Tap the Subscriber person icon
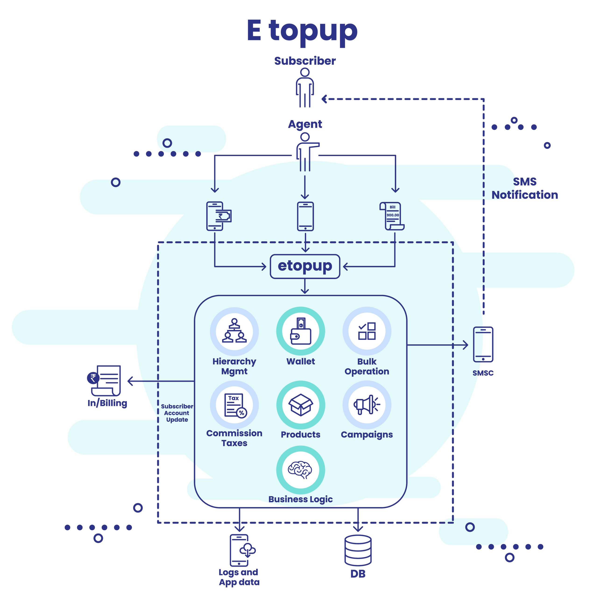(x=305, y=88)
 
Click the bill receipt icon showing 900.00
(x=392, y=216)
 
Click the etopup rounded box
(x=305, y=266)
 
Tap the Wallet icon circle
(x=301, y=332)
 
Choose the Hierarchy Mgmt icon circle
(x=234, y=332)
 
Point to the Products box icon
(x=301, y=405)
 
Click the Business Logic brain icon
(x=301, y=470)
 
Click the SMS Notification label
(x=525, y=188)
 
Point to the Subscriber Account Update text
(x=177, y=413)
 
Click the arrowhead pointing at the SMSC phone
(x=466, y=345)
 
